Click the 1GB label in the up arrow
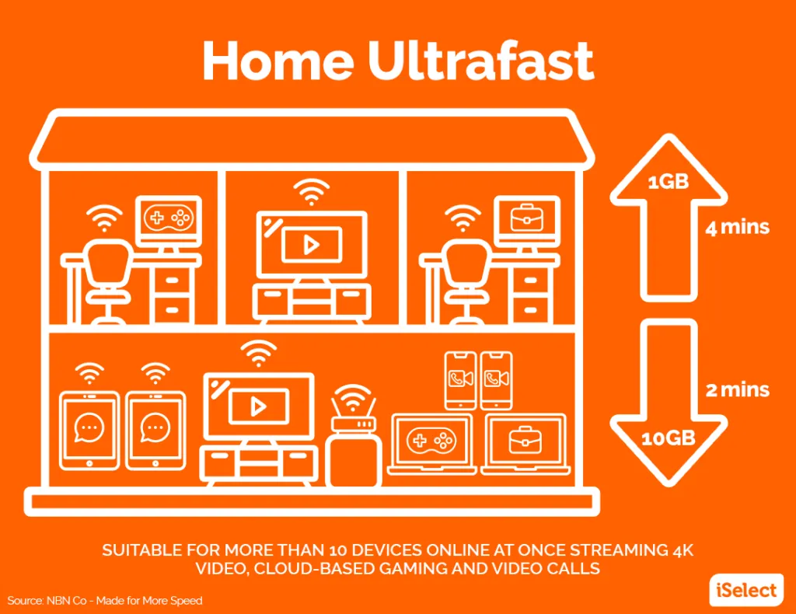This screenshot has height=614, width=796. click(x=668, y=181)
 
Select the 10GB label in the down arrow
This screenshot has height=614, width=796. click(x=668, y=438)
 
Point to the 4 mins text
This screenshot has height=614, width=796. click(x=737, y=227)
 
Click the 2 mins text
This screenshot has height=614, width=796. click(x=737, y=389)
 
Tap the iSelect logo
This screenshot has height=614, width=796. click(x=746, y=590)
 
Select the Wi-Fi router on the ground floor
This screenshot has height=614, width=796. click(x=354, y=435)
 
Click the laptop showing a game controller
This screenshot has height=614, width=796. click(x=431, y=445)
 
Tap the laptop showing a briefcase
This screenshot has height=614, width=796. click(x=525, y=445)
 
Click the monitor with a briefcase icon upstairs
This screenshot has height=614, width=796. click(x=527, y=222)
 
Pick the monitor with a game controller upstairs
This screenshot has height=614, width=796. click(x=169, y=222)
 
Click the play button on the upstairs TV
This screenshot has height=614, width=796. click(x=311, y=245)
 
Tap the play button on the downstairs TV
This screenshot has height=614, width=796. click(x=258, y=406)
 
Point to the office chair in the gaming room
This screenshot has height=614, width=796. click(x=107, y=281)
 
